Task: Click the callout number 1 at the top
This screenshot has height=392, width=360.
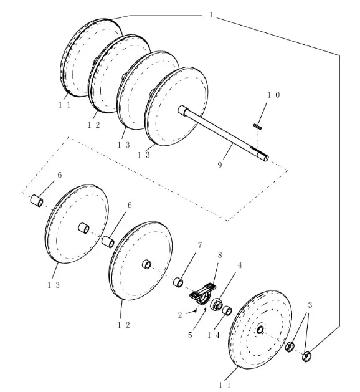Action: [x=211, y=15]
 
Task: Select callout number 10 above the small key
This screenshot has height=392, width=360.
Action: [x=273, y=95]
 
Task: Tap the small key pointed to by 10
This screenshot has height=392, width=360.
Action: [x=257, y=127]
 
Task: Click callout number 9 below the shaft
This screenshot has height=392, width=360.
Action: [x=220, y=165]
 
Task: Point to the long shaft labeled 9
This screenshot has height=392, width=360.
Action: [x=223, y=133]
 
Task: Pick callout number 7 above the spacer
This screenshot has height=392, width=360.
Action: [x=199, y=246]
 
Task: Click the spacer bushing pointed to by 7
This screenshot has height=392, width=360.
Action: [x=178, y=282]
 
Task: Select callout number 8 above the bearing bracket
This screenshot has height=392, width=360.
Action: [x=220, y=256]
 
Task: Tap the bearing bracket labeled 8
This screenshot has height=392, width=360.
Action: [x=203, y=294]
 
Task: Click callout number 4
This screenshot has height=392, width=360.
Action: [x=240, y=265]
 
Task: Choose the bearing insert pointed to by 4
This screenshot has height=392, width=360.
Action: [x=216, y=304]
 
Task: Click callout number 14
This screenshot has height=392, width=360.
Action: [x=214, y=335]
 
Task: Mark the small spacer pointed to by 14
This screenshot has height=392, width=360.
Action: [x=227, y=310]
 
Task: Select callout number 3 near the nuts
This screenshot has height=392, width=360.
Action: [x=310, y=305]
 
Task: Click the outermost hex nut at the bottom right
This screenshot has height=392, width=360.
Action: [x=306, y=356]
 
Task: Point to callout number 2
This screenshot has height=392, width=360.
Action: [x=180, y=315]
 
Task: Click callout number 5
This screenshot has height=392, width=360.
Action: [x=190, y=335]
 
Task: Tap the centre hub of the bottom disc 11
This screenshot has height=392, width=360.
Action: [x=260, y=330]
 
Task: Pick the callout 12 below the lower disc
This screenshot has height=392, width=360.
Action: [x=124, y=325]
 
